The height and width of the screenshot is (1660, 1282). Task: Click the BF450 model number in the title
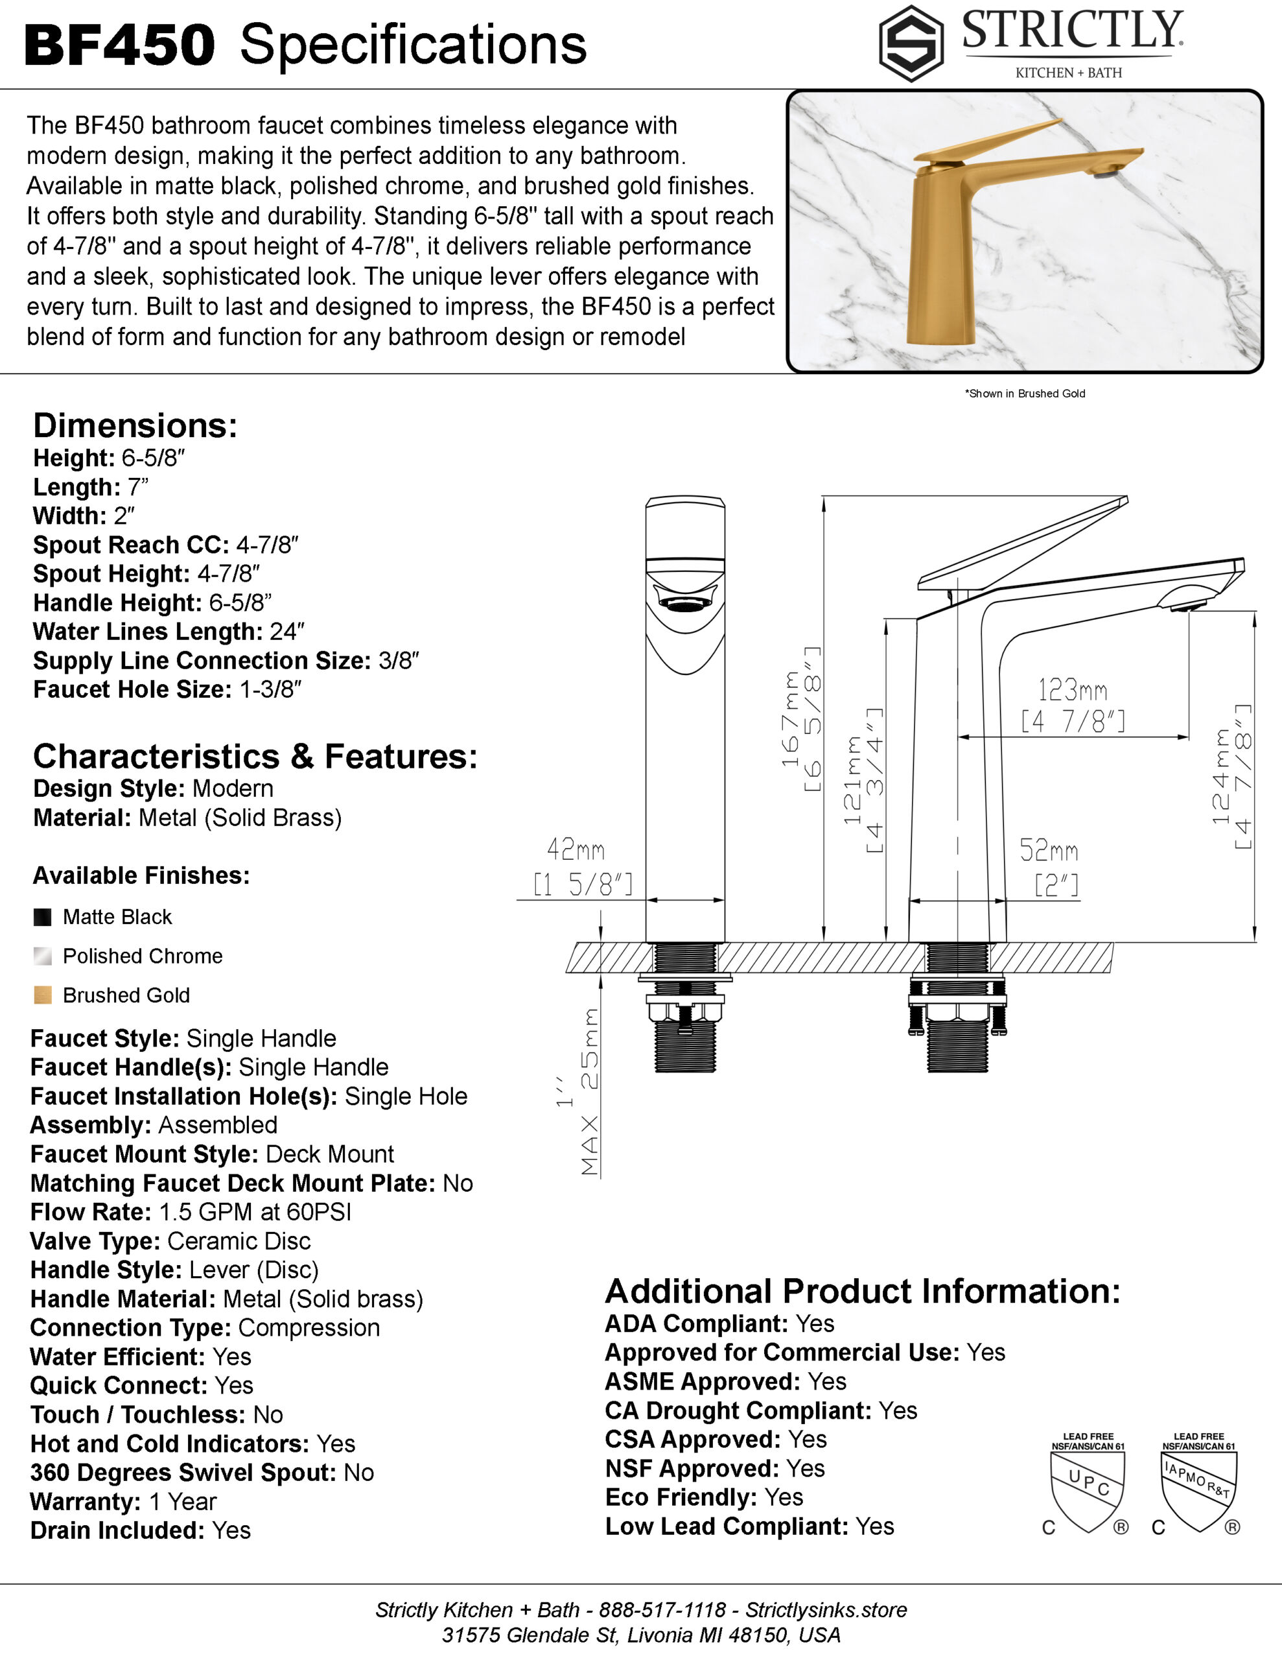120,45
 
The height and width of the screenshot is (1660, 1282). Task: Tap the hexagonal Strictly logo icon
911,43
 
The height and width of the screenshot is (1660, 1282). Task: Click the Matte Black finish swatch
43,917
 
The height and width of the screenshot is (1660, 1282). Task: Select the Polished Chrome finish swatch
43,956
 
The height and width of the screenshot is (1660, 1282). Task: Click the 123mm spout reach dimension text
1072,690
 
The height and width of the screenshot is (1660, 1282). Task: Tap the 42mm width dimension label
576,849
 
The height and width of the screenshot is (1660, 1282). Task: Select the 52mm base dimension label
1049,849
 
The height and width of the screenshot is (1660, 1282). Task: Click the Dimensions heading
135,425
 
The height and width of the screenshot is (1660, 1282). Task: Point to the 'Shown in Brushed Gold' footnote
1025,394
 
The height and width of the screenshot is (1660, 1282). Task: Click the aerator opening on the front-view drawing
684,604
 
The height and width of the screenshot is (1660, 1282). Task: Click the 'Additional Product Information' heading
863,1292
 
